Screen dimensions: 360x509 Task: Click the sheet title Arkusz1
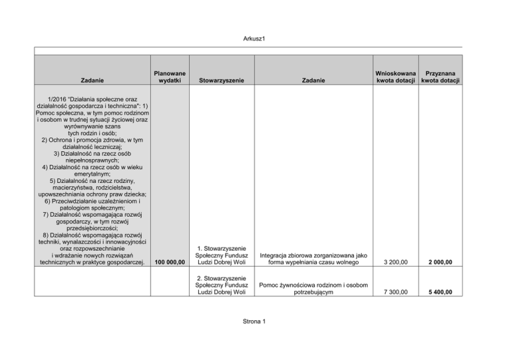click(x=254, y=38)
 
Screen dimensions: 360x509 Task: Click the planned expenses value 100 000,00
click(x=170, y=263)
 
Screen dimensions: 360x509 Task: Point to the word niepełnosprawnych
click(x=92, y=160)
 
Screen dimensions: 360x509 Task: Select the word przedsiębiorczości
click(x=92, y=227)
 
